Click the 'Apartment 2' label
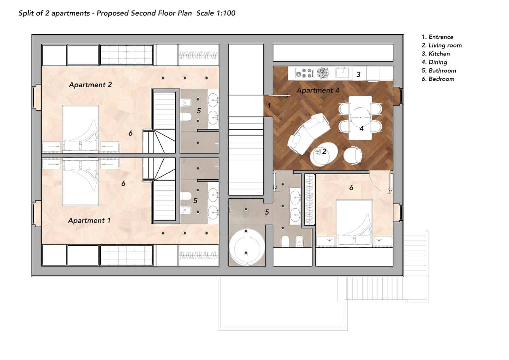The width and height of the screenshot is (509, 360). [90, 85]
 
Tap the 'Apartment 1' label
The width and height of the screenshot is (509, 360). [89, 220]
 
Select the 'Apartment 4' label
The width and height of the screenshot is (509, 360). [318, 90]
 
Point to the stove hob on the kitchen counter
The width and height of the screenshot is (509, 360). [304, 73]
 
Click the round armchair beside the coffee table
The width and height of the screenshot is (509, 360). [353, 155]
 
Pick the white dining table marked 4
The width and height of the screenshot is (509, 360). [360, 118]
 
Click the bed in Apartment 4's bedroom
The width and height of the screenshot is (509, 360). [354, 223]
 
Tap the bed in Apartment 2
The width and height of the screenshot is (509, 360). [81, 128]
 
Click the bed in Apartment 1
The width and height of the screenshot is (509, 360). [81, 182]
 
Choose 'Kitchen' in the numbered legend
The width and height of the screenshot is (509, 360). [439, 54]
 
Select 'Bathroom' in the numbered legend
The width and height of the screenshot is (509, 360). [442, 71]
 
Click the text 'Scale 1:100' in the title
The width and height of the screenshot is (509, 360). [216, 13]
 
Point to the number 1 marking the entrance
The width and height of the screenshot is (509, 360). [269, 105]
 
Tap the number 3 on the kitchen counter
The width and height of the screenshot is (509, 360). [358, 74]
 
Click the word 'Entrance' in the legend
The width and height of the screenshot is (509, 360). [441, 37]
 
